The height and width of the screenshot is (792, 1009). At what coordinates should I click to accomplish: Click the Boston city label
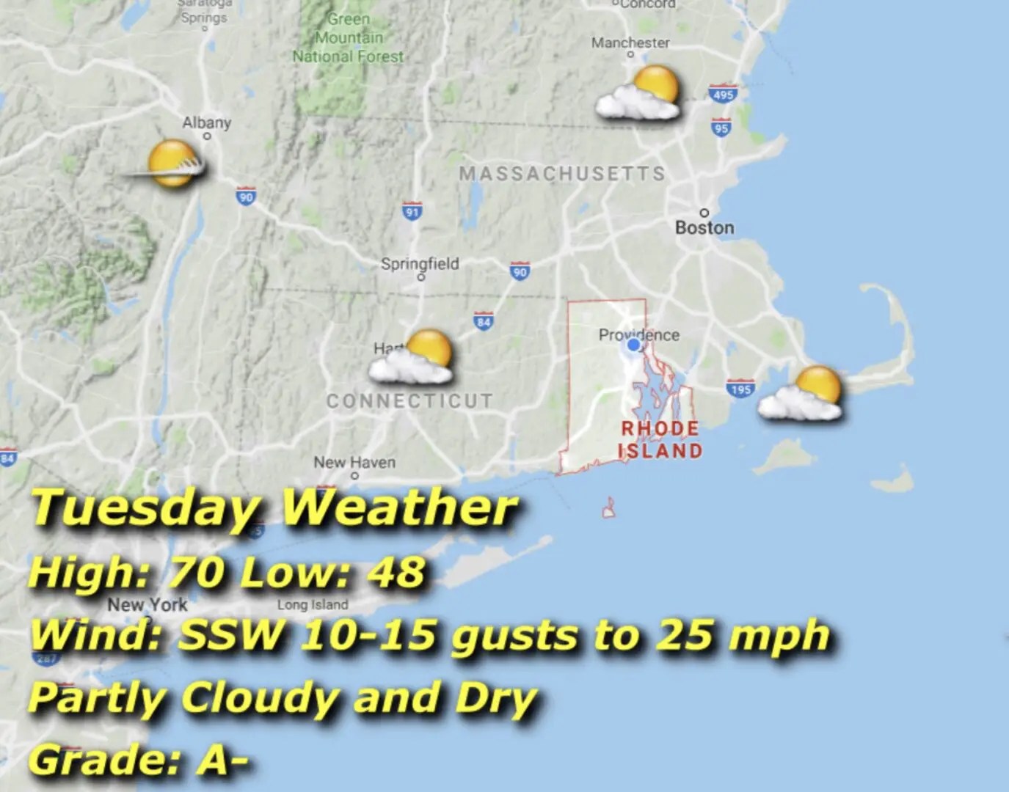tap(704, 227)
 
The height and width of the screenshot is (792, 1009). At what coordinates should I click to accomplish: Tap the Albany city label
tap(206, 122)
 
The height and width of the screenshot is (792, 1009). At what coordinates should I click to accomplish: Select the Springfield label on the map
tap(420, 263)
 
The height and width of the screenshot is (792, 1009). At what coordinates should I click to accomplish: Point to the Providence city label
tap(638, 334)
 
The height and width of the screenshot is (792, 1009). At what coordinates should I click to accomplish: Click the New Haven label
tap(354, 462)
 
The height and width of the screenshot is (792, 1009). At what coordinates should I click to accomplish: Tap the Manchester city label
tap(630, 43)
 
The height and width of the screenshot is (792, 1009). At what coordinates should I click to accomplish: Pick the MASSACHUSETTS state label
tap(561, 174)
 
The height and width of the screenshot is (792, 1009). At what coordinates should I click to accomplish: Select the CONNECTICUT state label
tap(409, 400)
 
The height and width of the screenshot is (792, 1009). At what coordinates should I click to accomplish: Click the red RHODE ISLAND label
tap(660, 439)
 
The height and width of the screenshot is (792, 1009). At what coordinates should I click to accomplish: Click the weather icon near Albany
tap(169, 165)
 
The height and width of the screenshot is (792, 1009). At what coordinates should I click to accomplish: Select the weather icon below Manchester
tap(639, 93)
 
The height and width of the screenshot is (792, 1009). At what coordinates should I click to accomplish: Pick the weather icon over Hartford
tap(413, 358)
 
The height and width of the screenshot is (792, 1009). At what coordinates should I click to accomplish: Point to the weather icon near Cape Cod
tap(802, 394)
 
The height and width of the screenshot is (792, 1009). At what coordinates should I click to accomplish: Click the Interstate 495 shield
tap(722, 95)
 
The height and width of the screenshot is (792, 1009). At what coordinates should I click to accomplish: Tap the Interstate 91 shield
tap(412, 212)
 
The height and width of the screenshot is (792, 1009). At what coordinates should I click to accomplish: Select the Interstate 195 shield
tap(740, 389)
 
